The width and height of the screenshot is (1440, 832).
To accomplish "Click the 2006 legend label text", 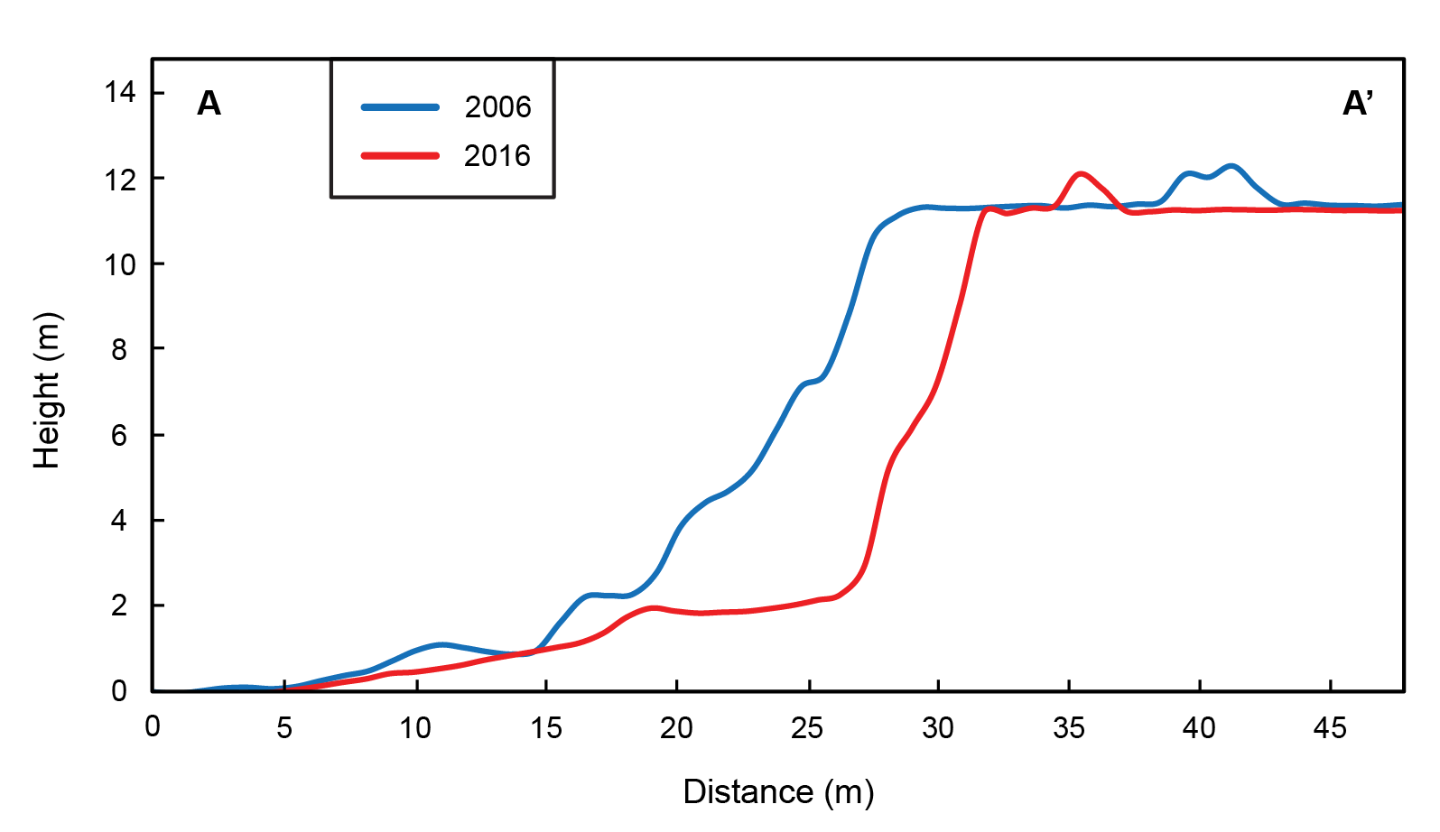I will point(497,107).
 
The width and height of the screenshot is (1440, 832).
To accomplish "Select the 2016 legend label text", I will point(497,156).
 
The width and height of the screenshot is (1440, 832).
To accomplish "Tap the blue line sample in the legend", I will point(400,107).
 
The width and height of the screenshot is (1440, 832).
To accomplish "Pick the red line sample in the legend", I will point(400,156).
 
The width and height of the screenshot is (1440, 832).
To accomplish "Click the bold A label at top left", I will point(209,104).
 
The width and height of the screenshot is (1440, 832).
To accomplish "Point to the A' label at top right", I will point(1357,104).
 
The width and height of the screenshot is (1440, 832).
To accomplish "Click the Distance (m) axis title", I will point(778,792).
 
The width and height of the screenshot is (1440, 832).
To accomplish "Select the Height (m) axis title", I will point(47,390).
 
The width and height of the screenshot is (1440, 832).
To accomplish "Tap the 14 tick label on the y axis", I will point(120,92).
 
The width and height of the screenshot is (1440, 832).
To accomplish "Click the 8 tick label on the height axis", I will point(119,349).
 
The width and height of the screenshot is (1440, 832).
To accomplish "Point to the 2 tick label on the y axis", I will point(119,606).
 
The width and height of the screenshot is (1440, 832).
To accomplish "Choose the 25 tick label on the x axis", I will point(807,727).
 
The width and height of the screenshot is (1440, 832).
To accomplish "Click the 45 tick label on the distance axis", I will point(1330,727).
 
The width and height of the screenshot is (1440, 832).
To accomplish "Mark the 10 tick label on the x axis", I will point(415,727).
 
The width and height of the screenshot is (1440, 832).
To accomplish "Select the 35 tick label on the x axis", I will point(1069,727).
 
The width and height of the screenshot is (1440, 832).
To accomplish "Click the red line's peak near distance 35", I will point(1081,173).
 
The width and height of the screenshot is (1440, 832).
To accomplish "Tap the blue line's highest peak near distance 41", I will point(1231,166).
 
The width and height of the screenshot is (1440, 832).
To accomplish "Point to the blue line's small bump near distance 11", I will point(441,644).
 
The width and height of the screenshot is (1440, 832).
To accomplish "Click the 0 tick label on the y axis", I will point(119,691).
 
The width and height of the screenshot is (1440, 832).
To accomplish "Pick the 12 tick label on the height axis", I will point(120,180).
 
